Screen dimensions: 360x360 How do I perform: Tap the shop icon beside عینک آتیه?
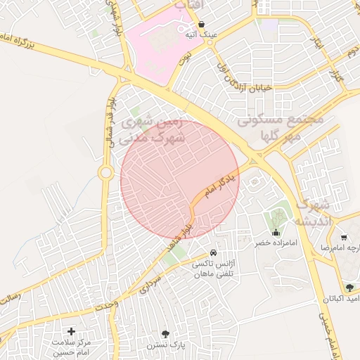coord(202,24)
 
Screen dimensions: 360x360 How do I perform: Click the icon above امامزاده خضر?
coord(276,232)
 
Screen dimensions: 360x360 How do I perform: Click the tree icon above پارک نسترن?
coord(165,334)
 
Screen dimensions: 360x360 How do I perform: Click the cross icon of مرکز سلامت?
coord(71,330)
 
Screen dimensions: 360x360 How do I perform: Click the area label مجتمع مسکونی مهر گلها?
coord(280,127)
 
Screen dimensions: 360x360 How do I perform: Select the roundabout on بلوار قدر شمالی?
coord(106,172)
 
